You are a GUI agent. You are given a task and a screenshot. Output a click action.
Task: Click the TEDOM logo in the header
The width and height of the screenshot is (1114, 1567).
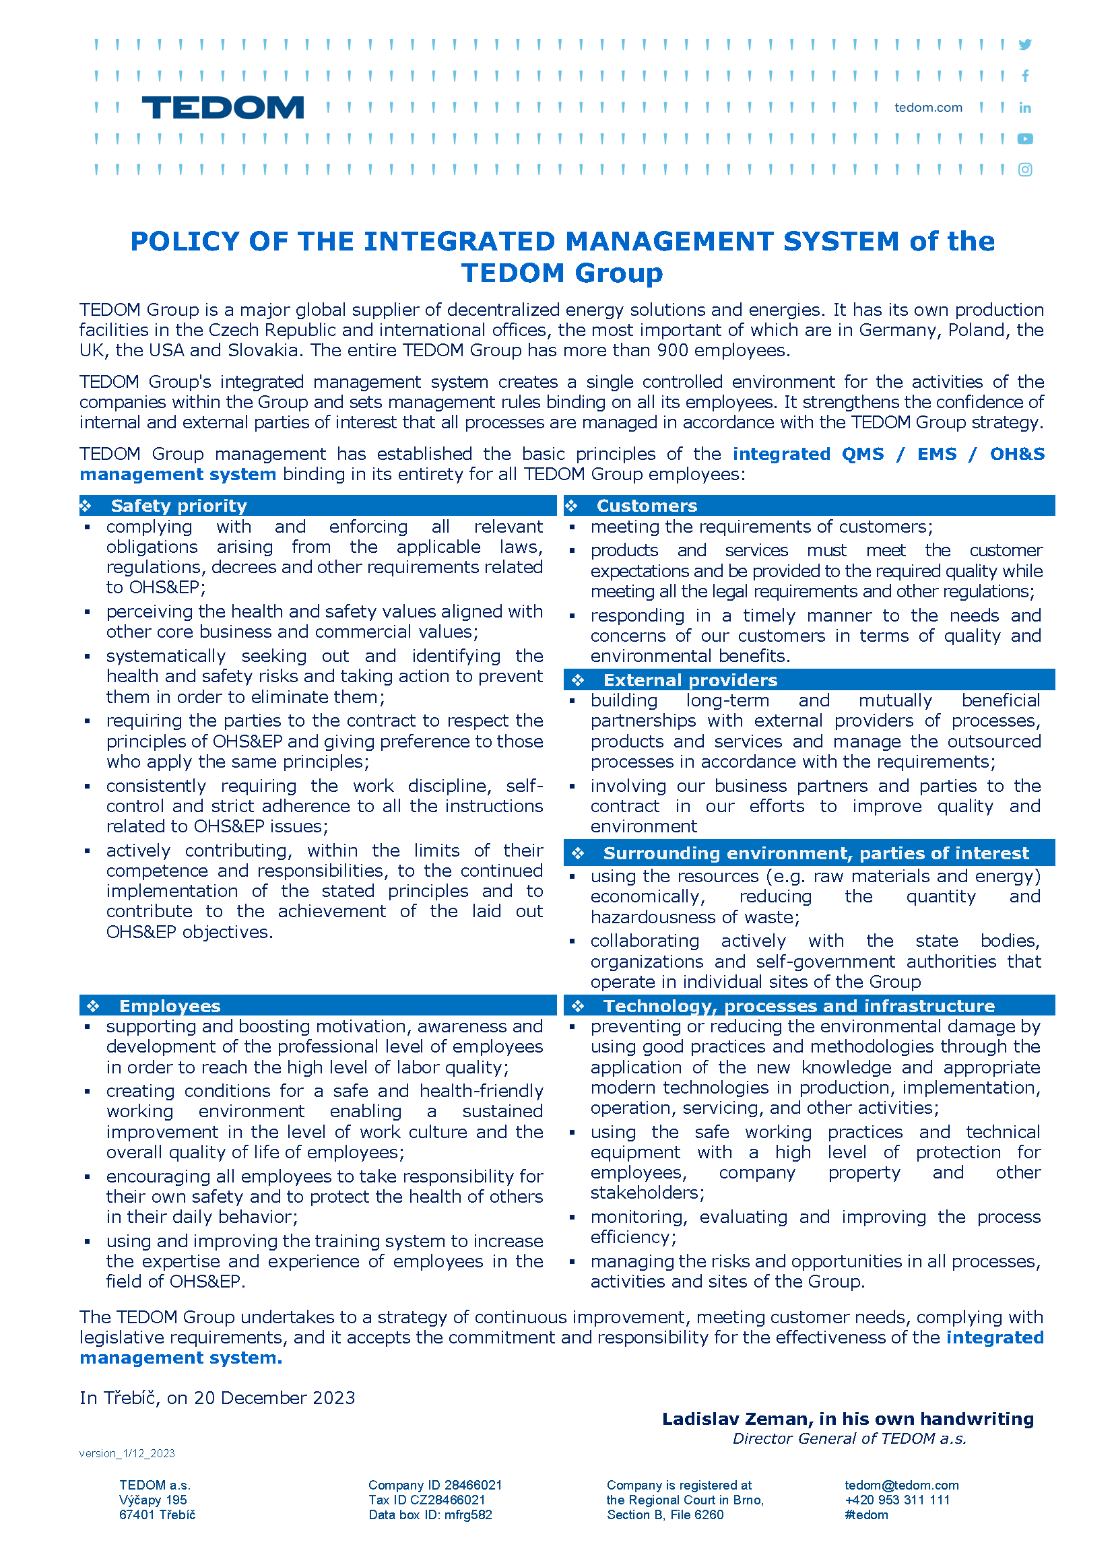point(222,108)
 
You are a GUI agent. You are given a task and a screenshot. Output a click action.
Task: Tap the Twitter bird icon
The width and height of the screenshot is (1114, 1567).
point(1024,44)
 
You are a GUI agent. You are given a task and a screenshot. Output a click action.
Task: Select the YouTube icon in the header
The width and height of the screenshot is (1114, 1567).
point(1024,139)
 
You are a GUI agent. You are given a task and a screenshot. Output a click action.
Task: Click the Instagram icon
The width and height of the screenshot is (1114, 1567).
point(1024,170)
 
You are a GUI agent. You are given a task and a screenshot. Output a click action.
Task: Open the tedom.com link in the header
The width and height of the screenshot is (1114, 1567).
point(927,108)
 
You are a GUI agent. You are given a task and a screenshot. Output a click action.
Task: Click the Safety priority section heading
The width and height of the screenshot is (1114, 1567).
point(178,506)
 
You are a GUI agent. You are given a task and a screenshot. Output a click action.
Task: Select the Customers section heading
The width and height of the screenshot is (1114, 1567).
point(646,506)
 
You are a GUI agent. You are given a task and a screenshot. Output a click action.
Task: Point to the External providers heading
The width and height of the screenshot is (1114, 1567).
point(690,679)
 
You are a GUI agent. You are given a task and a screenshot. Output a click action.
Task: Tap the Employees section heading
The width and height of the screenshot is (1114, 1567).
point(170,1005)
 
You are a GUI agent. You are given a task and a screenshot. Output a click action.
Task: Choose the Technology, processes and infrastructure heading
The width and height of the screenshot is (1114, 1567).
point(799,1005)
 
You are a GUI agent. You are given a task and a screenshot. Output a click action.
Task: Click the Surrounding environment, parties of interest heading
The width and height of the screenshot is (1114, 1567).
point(816,853)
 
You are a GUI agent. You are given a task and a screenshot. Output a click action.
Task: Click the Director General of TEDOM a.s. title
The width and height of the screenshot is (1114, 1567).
point(849,1438)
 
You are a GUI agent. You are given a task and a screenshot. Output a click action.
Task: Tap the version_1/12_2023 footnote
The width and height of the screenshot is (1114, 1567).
point(127,1453)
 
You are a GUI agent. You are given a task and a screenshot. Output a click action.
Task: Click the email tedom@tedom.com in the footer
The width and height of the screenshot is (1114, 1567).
point(901,1485)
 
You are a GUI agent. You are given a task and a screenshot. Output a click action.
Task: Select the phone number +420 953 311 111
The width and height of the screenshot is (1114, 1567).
point(896,1500)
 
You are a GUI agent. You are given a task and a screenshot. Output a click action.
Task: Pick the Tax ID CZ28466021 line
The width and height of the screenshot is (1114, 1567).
point(426,1500)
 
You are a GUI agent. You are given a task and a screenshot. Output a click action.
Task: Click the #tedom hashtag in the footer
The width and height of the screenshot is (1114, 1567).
point(865,1514)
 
